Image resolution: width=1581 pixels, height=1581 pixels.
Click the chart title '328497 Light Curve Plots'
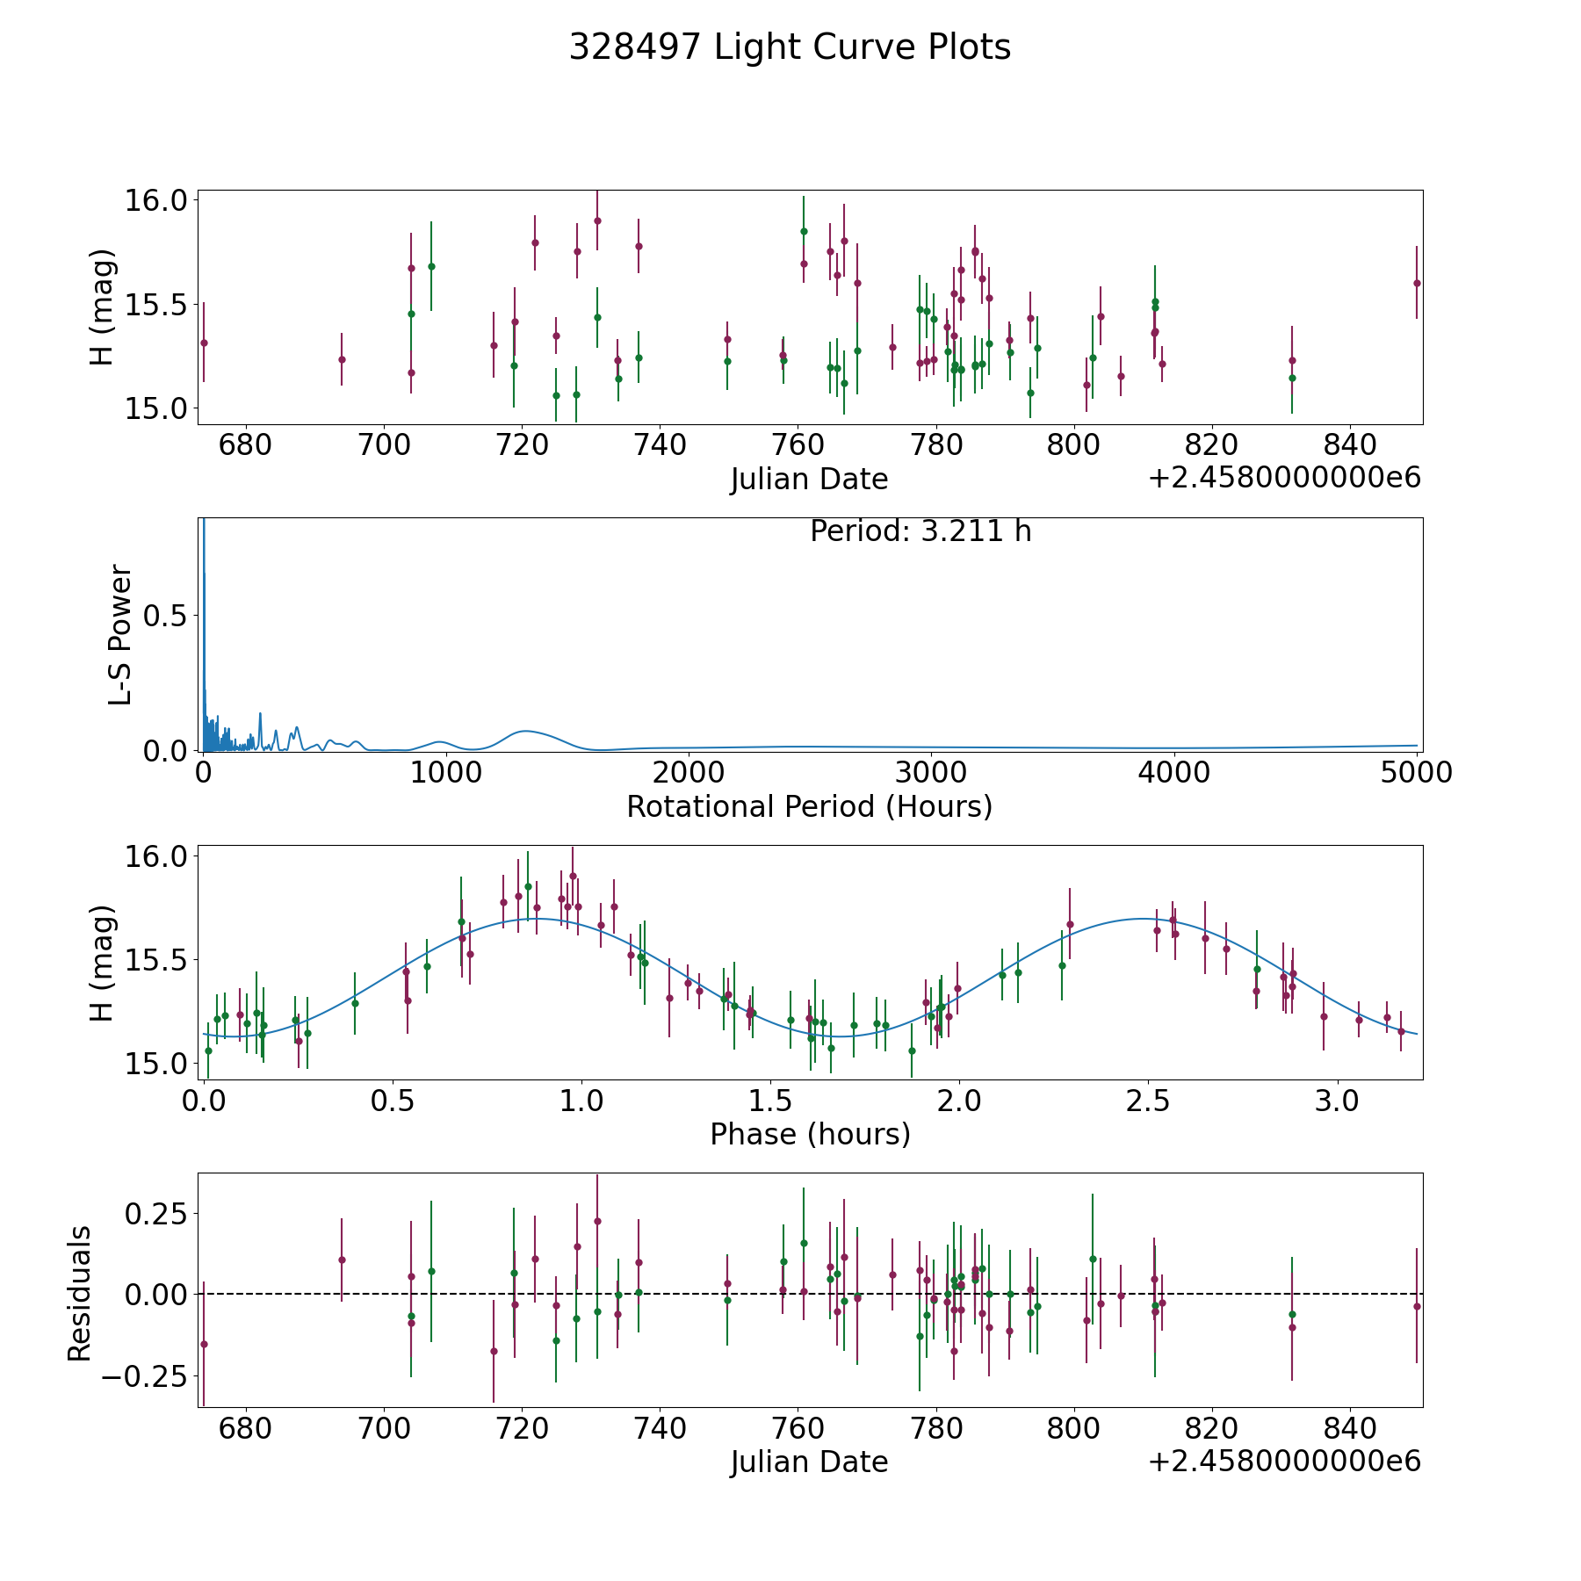790,47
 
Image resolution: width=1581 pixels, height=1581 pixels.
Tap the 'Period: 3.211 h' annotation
920,531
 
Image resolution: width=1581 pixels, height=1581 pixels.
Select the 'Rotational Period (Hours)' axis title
809,806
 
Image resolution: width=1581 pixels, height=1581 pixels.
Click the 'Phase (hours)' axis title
810,1134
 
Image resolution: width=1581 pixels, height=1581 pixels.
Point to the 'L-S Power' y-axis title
120,634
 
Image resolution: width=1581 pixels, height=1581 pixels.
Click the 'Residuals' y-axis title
80,1294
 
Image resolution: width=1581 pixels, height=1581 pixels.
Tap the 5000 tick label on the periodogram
1416,773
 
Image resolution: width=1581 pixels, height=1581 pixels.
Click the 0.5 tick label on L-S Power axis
166,616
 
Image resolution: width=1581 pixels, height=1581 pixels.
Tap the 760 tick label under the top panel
798,444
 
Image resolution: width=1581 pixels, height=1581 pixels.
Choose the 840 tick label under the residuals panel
1350,1428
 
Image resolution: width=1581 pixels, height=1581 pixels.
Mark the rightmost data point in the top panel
1417,283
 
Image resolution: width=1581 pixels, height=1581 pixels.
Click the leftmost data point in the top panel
204,343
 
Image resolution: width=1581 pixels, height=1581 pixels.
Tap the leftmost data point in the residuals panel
204,1344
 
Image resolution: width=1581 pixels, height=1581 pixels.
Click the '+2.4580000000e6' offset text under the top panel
1284,479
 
